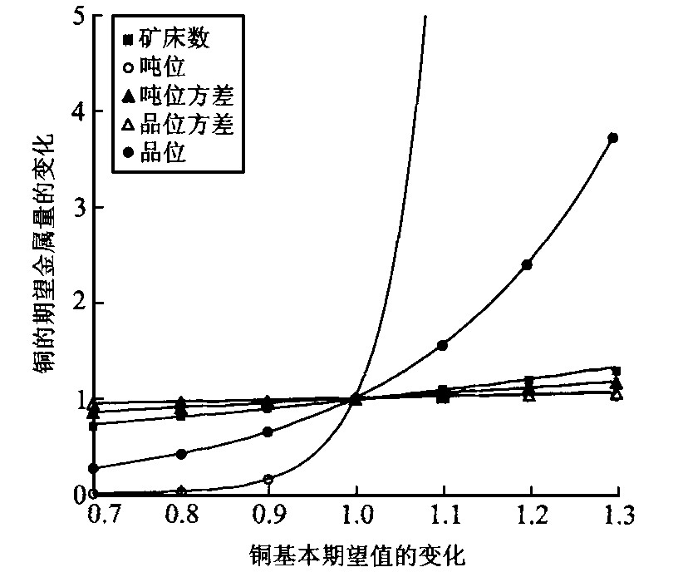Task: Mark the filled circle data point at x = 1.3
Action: (613, 138)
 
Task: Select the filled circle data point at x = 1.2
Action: (527, 264)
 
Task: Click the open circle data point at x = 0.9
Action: (268, 479)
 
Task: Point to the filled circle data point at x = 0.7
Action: (94, 469)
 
